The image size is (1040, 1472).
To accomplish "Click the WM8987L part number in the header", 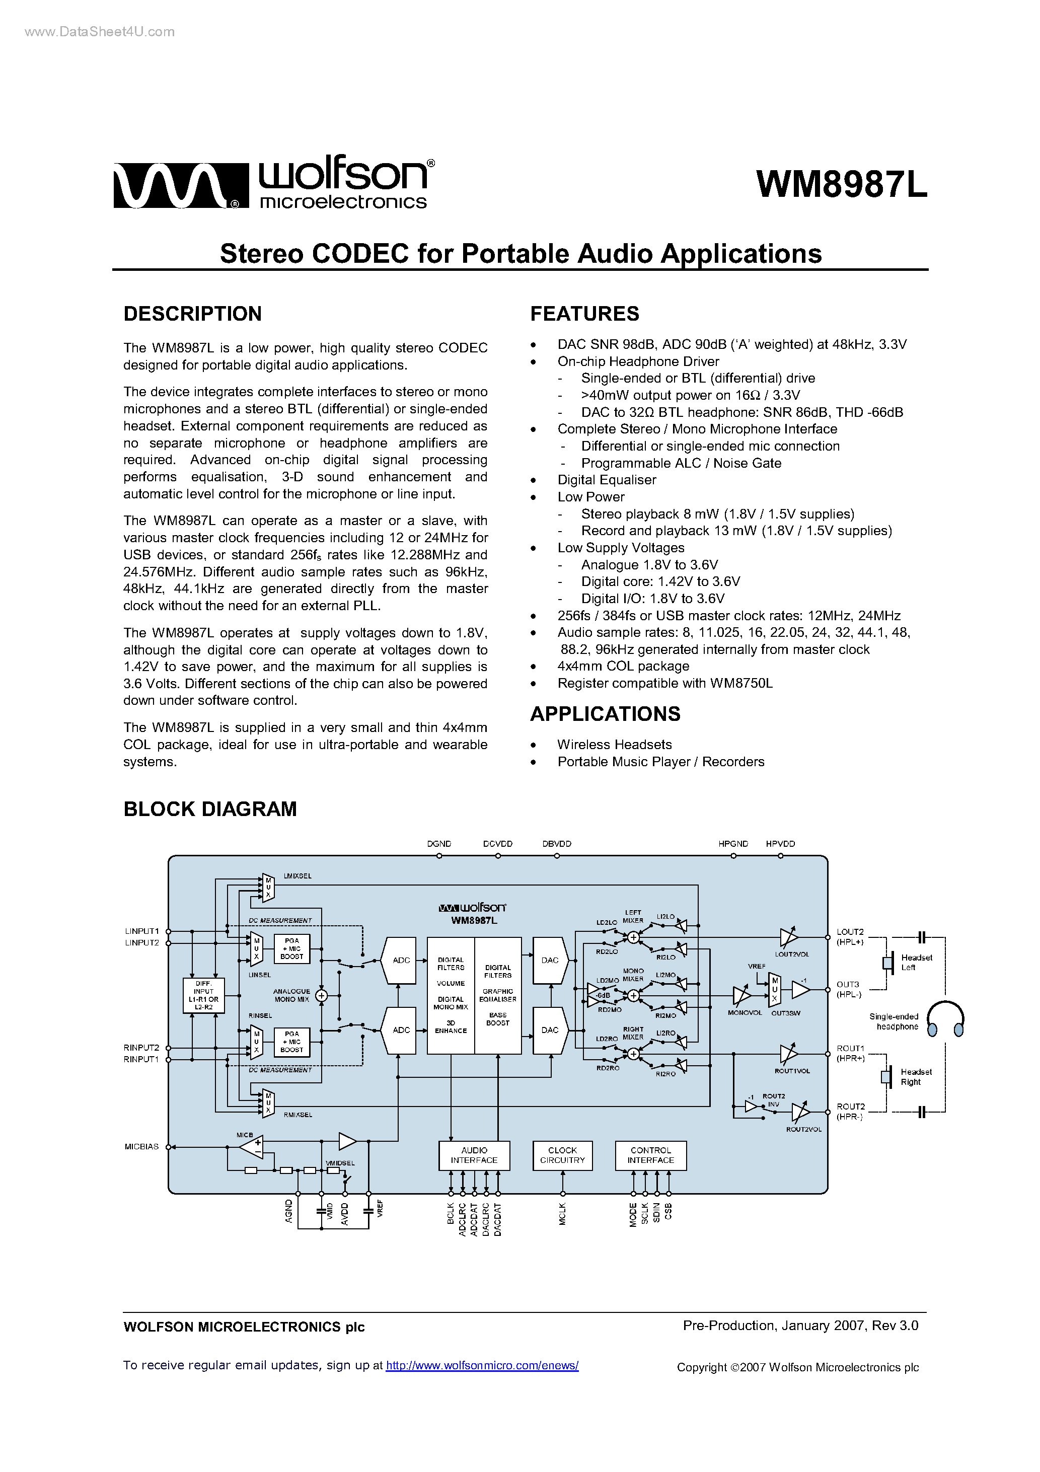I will point(841,185).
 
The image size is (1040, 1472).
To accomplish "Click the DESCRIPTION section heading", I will point(192,314).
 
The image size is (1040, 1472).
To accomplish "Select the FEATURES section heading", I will point(584,314).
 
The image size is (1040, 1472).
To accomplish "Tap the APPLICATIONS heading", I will point(605,713).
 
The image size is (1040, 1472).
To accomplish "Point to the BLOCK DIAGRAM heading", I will point(210,809).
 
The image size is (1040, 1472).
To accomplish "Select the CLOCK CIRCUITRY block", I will point(562,1155).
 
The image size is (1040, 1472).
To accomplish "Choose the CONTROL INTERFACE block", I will point(650,1155).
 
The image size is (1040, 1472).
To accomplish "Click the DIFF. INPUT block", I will point(203,995).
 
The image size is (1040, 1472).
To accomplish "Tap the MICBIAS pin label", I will point(141,1146).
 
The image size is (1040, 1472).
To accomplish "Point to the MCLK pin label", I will point(562,1214).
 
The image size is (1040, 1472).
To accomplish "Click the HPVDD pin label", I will point(780,844).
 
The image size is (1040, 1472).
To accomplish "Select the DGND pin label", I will point(439,844).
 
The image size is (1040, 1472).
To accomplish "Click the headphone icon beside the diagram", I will point(946,1019).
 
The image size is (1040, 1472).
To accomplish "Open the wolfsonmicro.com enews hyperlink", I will point(482,1366).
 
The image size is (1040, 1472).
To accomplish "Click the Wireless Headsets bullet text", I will point(614,745).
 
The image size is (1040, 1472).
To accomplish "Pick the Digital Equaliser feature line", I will point(607,480).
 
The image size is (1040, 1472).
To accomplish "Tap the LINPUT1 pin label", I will point(141,931).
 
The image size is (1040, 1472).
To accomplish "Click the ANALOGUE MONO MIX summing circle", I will point(321,995).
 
